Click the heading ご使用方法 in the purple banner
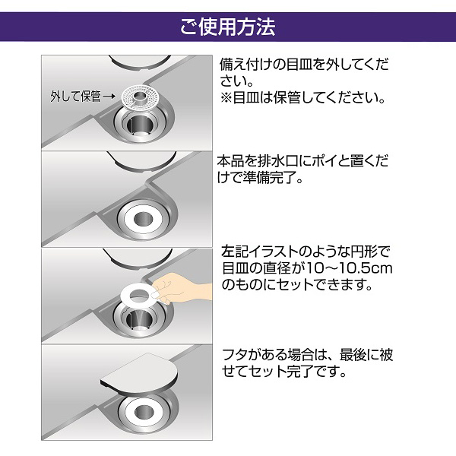click(x=228, y=27)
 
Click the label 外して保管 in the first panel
click(x=74, y=97)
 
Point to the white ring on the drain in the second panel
click(x=141, y=217)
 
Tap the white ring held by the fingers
click(x=138, y=293)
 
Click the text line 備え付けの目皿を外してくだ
click(x=304, y=62)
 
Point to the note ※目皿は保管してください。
click(x=304, y=99)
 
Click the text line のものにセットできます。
click(x=296, y=286)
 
